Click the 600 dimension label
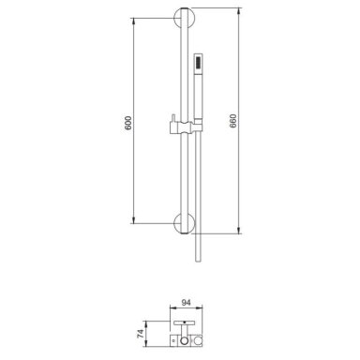click(x=128, y=123)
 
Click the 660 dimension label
click(x=233, y=121)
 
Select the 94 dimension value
click(x=186, y=303)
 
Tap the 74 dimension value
click(x=141, y=334)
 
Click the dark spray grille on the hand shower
click(x=198, y=61)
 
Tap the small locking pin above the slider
click(x=172, y=117)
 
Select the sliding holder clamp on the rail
click(x=186, y=127)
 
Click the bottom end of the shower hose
click(x=198, y=261)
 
